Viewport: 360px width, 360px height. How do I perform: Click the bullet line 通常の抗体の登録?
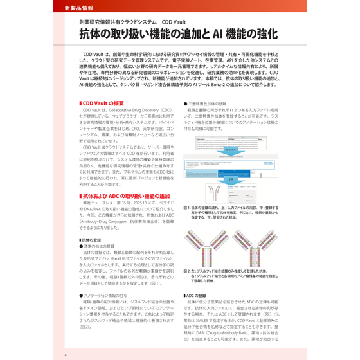97,246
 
